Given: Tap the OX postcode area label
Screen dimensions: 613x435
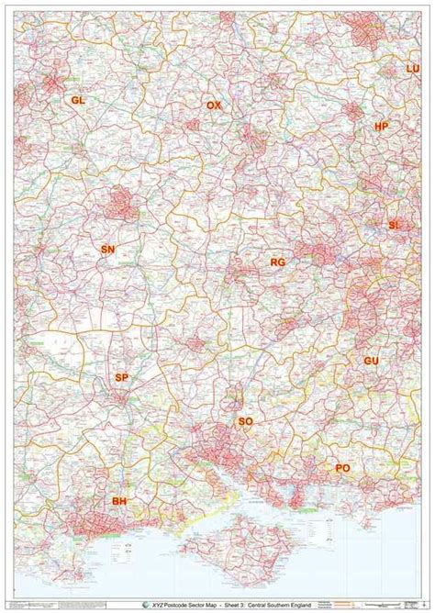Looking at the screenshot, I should point(214,106).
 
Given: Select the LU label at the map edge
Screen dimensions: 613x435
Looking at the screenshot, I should point(412,69).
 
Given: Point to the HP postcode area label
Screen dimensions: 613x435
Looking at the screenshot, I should point(382,126).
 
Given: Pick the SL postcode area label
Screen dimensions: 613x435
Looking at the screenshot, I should point(395,225).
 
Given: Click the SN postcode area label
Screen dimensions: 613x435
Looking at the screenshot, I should point(108,250).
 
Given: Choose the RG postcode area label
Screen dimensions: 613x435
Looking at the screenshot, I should point(278,262).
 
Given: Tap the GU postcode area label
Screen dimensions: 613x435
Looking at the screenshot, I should point(371,362).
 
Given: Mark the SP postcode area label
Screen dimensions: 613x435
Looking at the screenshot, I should point(122,378).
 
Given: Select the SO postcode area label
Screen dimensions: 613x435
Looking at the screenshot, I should point(245,421).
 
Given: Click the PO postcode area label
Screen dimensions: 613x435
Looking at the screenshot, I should point(342,468).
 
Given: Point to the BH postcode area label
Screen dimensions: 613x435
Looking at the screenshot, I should point(119,501).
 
